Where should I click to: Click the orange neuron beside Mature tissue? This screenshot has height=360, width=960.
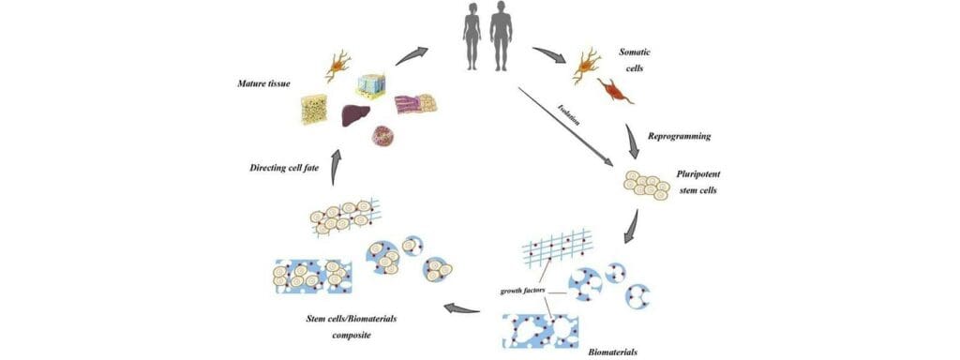click(338, 67)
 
